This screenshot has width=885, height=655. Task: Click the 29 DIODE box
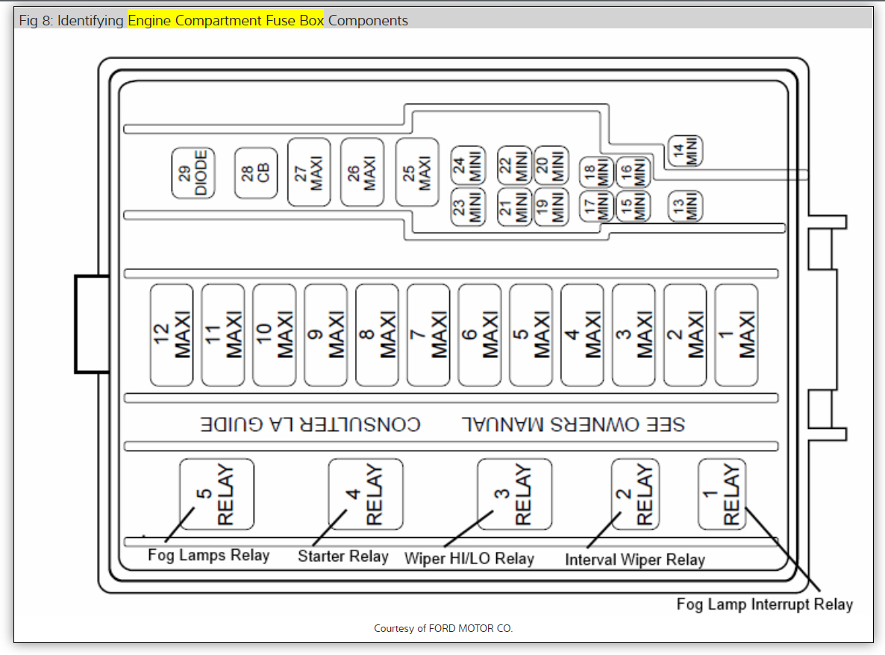pyautogui.click(x=193, y=173)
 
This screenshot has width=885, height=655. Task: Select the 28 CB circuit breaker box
pyautogui.click(x=256, y=173)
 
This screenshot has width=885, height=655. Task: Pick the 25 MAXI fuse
pyautogui.click(x=417, y=172)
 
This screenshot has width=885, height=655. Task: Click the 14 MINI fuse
pyautogui.click(x=685, y=151)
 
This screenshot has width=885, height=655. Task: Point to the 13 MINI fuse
pyautogui.click(x=685, y=205)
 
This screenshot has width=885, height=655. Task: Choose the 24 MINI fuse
pyautogui.click(x=469, y=164)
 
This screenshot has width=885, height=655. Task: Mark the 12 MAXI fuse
pyautogui.click(x=172, y=335)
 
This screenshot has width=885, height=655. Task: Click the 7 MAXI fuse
pyautogui.click(x=428, y=335)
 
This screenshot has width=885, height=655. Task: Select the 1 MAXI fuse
pyautogui.click(x=737, y=335)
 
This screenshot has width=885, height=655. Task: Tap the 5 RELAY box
pyautogui.click(x=216, y=494)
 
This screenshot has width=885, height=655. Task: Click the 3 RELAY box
pyautogui.click(x=515, y=494)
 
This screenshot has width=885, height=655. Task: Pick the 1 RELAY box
pyautogui.click(x=722, y=494)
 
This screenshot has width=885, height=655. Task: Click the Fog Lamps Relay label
pyautogui.click(x=208, y=555)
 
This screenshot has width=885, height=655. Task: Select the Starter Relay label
pyautogui.click(x=343, y=557)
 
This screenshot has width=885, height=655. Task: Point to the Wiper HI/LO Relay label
pyautogui.click(x=469, y=558)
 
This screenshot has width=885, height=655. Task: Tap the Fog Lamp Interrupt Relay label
pyautogui.click(x=764, y=604)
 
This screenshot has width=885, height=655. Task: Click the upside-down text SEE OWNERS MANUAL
pyautogui.click(x=572, y=424)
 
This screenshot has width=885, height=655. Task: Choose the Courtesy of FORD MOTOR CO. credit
pyautogui.click(x=443, y=629)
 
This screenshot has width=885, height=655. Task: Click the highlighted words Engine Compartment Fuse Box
pyautogui.click(x=226, y=21)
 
